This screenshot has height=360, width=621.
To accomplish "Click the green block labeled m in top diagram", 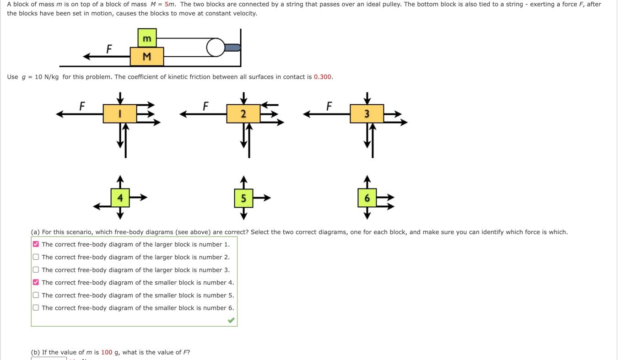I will click(x=147, y=38).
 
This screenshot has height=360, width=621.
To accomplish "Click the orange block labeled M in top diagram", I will click(x=147, y=57).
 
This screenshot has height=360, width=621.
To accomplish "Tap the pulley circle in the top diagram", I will click(x=216, y=48).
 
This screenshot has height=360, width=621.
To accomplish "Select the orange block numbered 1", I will click(x=120, y=114).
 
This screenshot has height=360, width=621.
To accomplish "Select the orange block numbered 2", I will click(x=243, y=114).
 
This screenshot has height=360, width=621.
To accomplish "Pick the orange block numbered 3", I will click(x=367, y=114).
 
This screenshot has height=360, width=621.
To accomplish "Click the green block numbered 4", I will click(x=120, y=198).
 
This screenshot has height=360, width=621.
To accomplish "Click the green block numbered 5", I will click(x=243, y=198).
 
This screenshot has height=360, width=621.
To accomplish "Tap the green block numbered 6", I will click(x=367, y=198).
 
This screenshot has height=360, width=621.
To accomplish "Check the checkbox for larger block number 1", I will click(x=36, y=244).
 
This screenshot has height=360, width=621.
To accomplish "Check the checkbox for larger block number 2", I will click(x=36, y=257).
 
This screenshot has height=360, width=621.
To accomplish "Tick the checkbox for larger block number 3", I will click(x=36, y=270).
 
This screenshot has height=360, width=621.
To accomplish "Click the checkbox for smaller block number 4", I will click(x=36, y=282).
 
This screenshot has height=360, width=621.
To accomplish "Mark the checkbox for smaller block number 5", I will click(x=36, y=295).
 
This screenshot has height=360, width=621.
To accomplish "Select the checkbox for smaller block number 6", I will click(x=36, y=308).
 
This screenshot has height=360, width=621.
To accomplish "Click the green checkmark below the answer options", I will click(x=231, y=320).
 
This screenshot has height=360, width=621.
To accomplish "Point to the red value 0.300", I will click(x=322, y=77).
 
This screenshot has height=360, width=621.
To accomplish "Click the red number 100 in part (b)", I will click(x=107, y=352).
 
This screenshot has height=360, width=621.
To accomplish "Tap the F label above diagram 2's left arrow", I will click(x=205, y=106).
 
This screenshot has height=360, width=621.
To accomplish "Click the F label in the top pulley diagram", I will click(x=109, y=48).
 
